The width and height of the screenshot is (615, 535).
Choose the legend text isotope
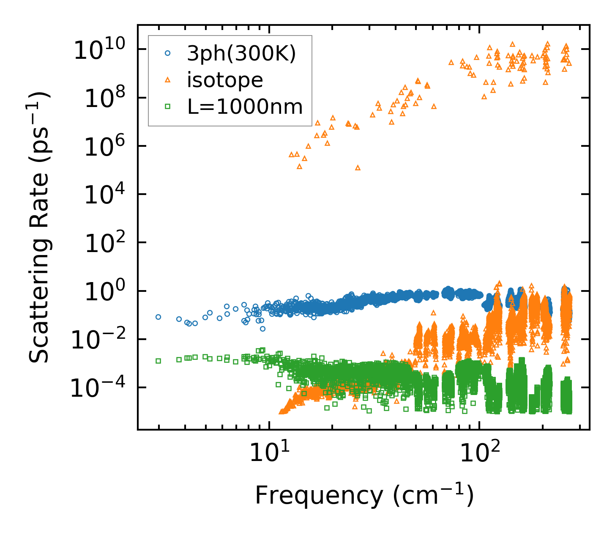[x=225, y=80]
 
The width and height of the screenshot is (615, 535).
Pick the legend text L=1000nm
[x=245, y=107]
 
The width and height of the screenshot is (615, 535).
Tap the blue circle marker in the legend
[x=168, y=53]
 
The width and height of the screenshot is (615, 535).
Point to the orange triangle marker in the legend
[x=168, y=80]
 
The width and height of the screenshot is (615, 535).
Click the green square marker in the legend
[x=168, y=107]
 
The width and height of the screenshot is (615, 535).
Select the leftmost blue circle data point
[x=158, y=317]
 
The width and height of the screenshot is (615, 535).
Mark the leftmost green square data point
[x=158, y=361]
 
